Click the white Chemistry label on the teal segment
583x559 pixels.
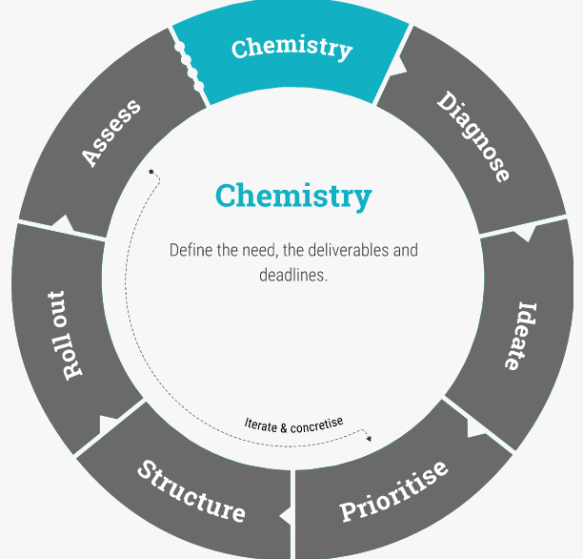(x=291, y=47)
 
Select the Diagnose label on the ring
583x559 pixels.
(x=473, y=135)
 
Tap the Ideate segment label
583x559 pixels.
(x=518, y=336)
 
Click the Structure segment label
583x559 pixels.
(x=191, y=490)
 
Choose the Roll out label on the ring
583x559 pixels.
(x=65, y=335)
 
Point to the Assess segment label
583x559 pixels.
(x=111, y=132)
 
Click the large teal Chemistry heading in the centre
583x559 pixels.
(x=292, y=196)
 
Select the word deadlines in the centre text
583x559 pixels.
(x=293, y=275)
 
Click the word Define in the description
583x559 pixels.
(x=191, y=251)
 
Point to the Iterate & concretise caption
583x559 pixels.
(x=293, y=422)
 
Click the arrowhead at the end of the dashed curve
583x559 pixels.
(x=369, y=438)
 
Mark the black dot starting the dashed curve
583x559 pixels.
(x=151, y=172)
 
